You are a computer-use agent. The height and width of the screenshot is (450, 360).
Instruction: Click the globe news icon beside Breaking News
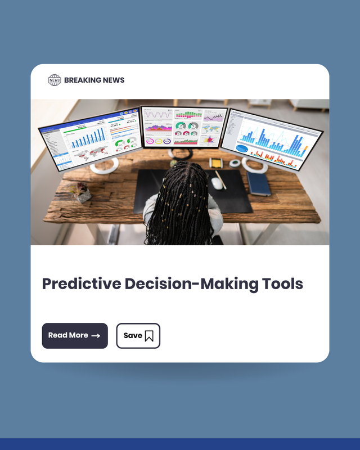tap(54, 80)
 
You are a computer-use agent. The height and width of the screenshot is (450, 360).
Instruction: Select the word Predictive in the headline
tap(82, 283)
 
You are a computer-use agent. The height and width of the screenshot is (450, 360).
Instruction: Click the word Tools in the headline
tap(282, 283)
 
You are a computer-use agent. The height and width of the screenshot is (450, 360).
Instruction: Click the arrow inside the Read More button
tap(96, 336)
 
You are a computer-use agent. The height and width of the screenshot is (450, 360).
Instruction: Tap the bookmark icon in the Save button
tap(149, 336)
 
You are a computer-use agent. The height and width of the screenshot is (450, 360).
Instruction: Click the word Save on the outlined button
tap(133, 335)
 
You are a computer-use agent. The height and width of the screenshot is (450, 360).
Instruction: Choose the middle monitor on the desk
tap(184, 127)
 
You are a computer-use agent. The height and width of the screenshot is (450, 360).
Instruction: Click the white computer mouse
tap(217, 183)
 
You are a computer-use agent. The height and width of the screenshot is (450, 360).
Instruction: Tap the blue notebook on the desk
tap(259, 183)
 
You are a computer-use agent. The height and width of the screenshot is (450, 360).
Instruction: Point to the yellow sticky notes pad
tap(215, 163)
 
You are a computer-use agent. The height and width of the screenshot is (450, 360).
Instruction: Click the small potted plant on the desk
tap(83, 194)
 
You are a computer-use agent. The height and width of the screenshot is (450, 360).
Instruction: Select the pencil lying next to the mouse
tap(222, 180)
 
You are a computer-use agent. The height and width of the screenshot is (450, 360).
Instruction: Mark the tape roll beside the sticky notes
tap(235, 163)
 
